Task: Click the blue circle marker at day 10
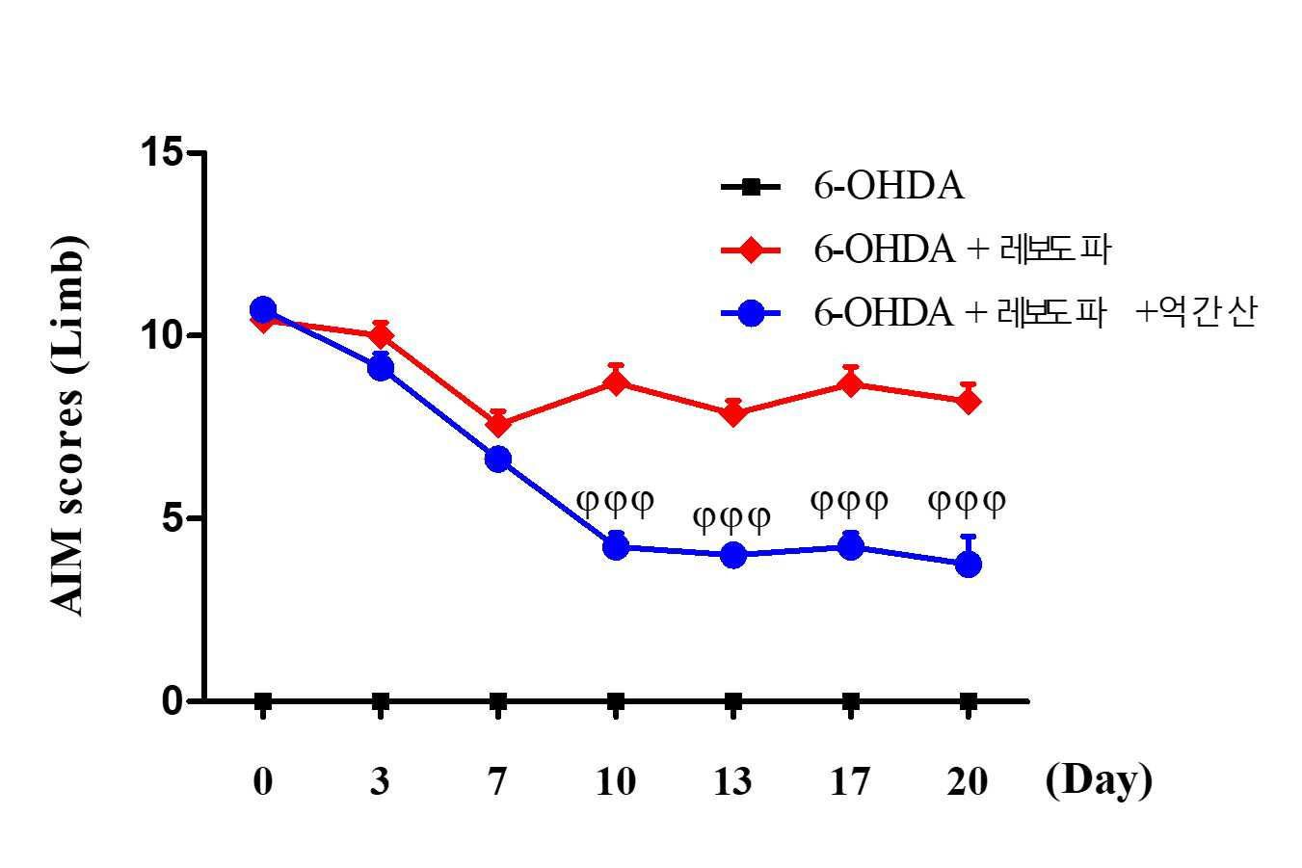point(616,546)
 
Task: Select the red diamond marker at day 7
point(498,425)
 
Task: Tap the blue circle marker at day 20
point(969,564)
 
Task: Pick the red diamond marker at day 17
point(851,384)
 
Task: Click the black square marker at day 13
point(733,702)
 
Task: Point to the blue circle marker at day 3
point(381,368)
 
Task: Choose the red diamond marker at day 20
point(969,401)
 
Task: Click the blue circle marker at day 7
point(498,460)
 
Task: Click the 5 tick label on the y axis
point(173,517)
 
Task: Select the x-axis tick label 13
point(733,781)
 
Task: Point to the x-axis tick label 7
point(497,781)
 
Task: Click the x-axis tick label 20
point(968,781)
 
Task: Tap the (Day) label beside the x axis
point(1099,782)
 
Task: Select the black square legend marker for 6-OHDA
point(751,187)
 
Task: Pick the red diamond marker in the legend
point(751,250)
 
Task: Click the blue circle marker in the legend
point(751,314)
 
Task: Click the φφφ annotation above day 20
point(967,502)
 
